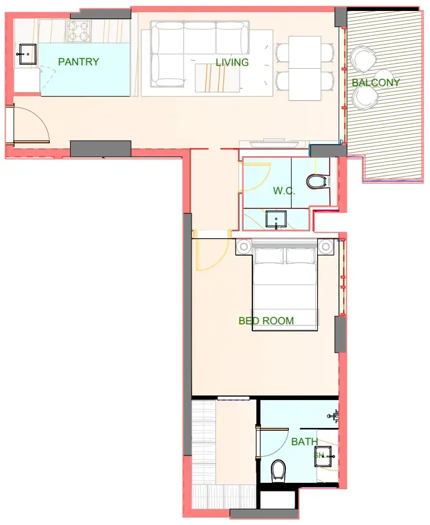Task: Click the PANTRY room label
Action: click(x=79, y=62)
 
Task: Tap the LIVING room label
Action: click(x=232, y=62)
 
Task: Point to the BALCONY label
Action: click(x=376, y=82)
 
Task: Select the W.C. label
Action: click(x=284, y=191)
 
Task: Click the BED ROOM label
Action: click(x=266, y=321)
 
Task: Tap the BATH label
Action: click(x=304, y=442)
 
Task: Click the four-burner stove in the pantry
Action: click(x=79, y=31)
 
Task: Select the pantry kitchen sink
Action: click(x=27, y=54)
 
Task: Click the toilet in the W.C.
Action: click(x=317, y=182)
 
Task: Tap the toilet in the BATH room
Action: click(x=278, y=471)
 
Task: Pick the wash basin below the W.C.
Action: click(x=276, y=219)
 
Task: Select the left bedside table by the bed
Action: click(x=244, y=247)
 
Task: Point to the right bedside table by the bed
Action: click(x=326, y=247)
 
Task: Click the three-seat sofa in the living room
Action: click(x=200, y=54)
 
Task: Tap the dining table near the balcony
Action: click(x=304, y=68)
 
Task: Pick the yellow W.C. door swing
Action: click(x=257, y=177)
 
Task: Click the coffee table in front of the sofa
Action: click(x=218, y=78)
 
